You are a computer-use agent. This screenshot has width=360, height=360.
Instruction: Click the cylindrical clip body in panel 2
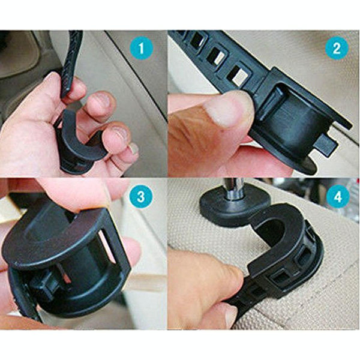point(294,120)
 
